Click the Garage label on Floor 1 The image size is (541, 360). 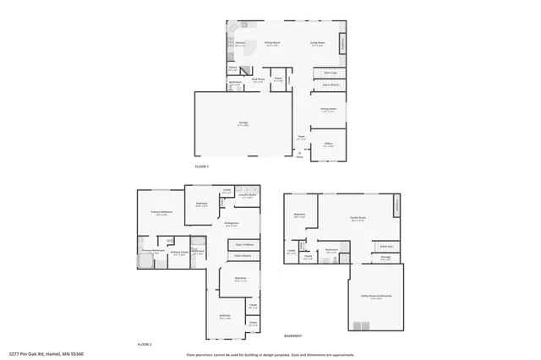point(243,123)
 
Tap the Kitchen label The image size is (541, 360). point(240,42)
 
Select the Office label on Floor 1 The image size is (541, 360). point(329,144)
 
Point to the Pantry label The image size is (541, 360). point(232,68)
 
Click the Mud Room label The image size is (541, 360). point(260,81)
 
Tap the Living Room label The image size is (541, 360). point(317,42)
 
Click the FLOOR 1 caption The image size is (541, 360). point(202,167)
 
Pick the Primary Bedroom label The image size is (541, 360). point(161,212)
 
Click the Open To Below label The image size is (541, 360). point(244,243)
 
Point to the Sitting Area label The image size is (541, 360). point(231,224)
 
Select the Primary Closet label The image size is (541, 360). point(178,252)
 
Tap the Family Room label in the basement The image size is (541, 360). point(358,217)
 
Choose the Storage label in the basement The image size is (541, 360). point(385,258)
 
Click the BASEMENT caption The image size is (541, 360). point(292,335)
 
